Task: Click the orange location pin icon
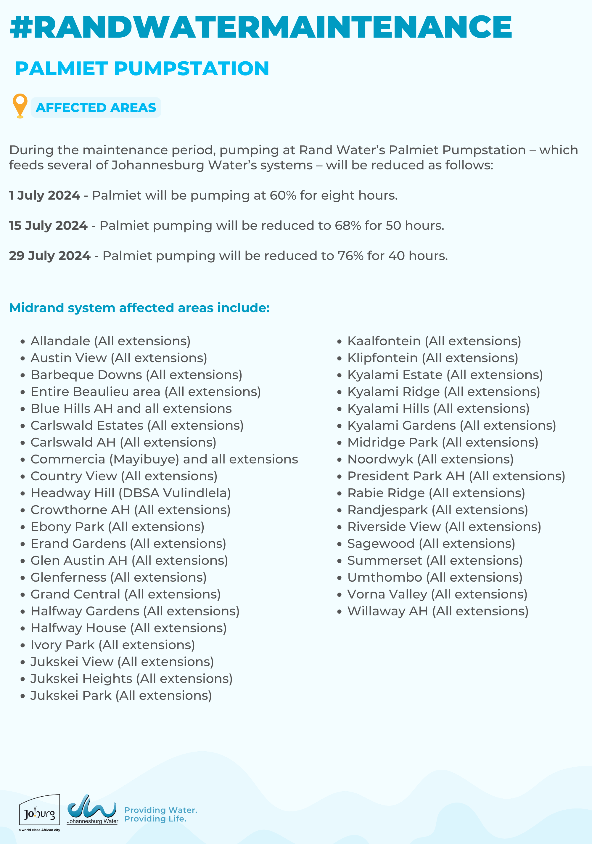pos(20,105)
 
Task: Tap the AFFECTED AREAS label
pos(96,108)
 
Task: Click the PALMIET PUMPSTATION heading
pos(142,68)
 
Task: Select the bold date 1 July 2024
pos(44,195)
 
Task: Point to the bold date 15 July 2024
pos(48,225)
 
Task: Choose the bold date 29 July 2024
pos(50,256)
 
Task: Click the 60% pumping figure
pos(283,195)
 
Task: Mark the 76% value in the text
pos(350,256)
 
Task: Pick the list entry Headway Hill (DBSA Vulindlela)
pos(131,493)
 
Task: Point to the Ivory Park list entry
pos(112,645)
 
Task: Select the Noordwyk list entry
pos(430,459)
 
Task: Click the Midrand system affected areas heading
pos(139,308)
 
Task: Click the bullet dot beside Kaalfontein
pos(339,341)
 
